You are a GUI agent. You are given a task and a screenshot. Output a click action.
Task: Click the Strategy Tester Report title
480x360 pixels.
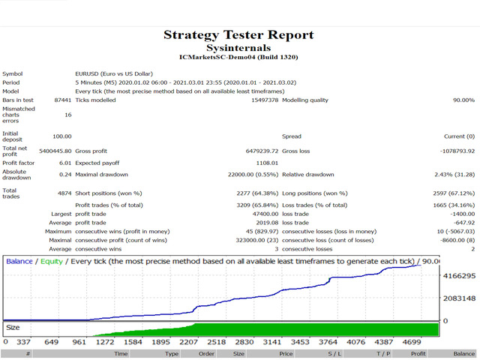pyautogui.click(x=238, y=34)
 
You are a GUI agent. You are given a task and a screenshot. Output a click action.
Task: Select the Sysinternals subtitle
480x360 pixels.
pyautogui.click(x=238, y=46)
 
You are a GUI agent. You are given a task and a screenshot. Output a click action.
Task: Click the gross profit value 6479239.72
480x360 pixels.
pyautogui.click(x=254, y=151)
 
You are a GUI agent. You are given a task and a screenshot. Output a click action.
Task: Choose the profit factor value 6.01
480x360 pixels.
pyautogui.click(x=64, y=162)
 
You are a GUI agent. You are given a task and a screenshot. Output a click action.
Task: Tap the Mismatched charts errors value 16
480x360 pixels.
pyautogui.click(x=67, y=115)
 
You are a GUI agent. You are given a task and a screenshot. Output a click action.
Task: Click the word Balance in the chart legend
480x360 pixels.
pyautogui.click(x=20, y=261)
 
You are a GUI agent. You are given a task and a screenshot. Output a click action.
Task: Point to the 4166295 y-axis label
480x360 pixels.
pyautogui.click(x=458, y=277)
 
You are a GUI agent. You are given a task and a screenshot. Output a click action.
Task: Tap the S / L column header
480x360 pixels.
pyautogui.click(x=334, y=353)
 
